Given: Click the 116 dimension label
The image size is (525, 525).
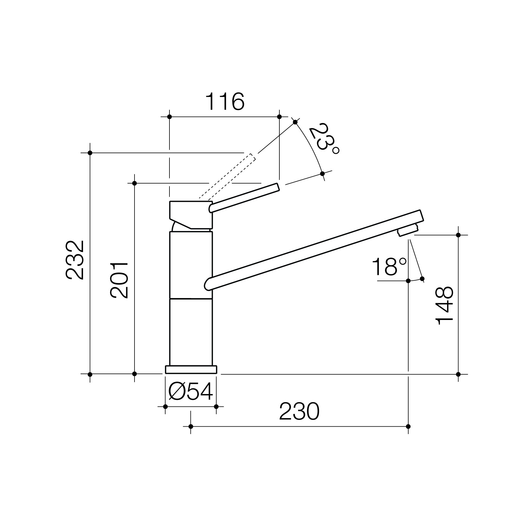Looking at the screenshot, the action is [x=225, y=101].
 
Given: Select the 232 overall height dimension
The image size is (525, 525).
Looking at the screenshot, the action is [x=75, y=260].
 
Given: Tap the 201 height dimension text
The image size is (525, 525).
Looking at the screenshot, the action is [x=119, y=280].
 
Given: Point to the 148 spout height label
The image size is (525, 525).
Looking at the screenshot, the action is [x=444, y=305].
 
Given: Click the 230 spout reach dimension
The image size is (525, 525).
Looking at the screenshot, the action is [x=299, y=411].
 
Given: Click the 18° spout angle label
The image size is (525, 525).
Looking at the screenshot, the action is [x=389, y=267].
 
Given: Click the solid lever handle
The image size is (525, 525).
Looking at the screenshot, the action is [x=244, y=198].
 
